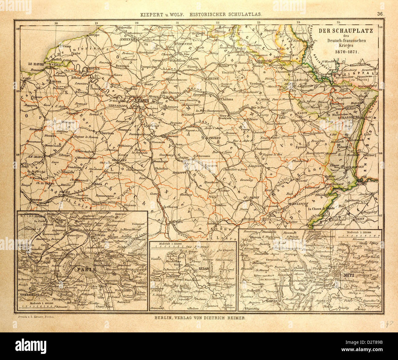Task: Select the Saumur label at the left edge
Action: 36,200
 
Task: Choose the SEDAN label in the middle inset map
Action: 203,268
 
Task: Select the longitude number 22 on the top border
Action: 218,22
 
